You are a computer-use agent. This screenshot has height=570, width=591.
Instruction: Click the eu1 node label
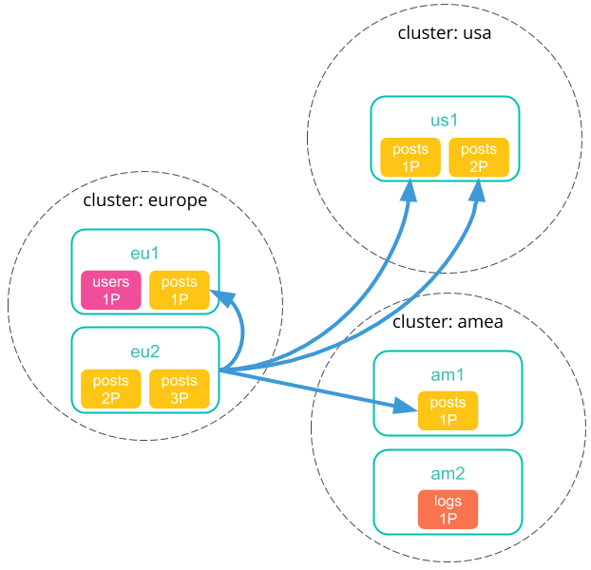144,254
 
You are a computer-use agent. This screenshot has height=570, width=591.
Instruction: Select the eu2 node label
144,352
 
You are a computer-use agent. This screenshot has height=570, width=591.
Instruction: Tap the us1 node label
445,121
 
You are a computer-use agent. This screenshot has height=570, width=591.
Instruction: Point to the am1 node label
448,375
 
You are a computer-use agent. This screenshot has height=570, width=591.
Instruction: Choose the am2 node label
448,474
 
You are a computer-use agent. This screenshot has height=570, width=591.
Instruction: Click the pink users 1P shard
111,291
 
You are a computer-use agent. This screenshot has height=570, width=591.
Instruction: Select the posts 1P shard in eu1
180,291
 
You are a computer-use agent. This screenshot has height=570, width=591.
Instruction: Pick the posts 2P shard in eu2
111,389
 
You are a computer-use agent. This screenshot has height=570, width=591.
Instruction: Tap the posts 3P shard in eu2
180,389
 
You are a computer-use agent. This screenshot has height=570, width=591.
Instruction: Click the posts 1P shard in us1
410,158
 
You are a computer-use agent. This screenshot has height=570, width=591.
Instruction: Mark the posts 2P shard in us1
479,158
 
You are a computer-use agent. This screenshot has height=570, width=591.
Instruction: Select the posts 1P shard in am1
448,410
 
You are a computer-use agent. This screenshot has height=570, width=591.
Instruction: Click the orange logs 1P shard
448,509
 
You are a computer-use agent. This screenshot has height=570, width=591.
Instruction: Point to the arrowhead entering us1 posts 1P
409,190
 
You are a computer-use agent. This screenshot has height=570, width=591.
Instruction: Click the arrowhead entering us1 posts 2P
477,190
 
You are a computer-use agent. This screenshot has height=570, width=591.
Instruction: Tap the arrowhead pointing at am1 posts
406,408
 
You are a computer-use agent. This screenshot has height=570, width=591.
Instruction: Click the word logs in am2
448,502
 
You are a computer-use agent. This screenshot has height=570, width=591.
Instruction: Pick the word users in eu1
111,282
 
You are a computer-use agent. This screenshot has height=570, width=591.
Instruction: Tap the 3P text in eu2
180,398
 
